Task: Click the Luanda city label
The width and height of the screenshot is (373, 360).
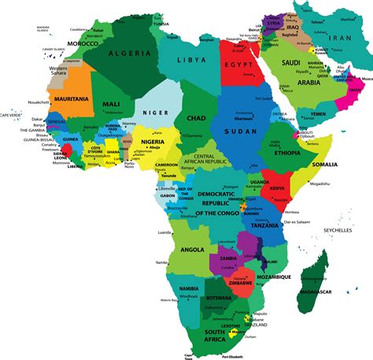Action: (x=164, y=232)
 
